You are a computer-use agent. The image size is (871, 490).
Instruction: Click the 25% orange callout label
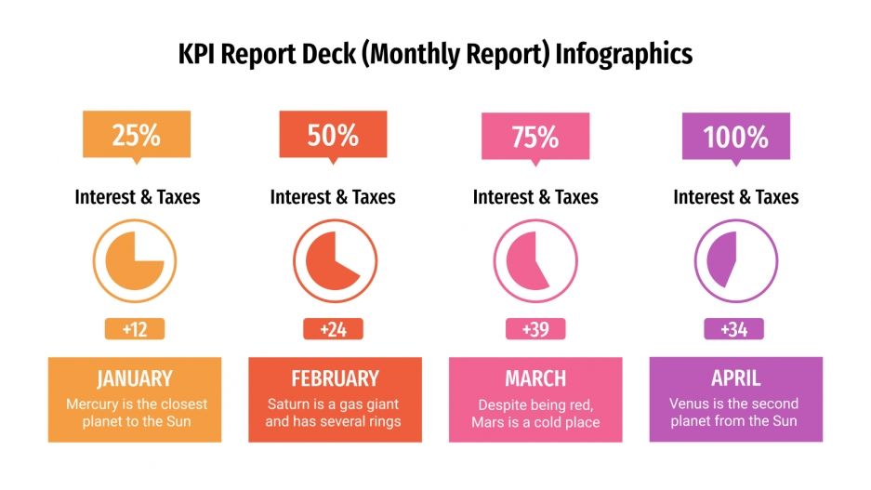137,136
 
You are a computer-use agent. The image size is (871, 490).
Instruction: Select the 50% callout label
333,136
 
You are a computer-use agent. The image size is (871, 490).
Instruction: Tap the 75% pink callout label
534,137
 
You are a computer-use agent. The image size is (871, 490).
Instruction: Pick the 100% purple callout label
735,137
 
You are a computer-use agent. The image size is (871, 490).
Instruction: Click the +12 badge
135,329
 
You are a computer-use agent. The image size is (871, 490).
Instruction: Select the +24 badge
333,329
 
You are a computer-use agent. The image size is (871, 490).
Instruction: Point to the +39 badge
534,329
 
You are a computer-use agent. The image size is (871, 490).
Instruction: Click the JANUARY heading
135,378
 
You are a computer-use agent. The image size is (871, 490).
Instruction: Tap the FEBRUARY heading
335,378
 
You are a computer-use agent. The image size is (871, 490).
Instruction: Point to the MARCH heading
535,378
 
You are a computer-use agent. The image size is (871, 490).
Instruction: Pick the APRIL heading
735,378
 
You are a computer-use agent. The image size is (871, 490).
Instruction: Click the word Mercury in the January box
93,404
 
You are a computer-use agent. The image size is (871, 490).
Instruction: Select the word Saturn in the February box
288,404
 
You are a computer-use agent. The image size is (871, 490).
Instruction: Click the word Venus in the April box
689,404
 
